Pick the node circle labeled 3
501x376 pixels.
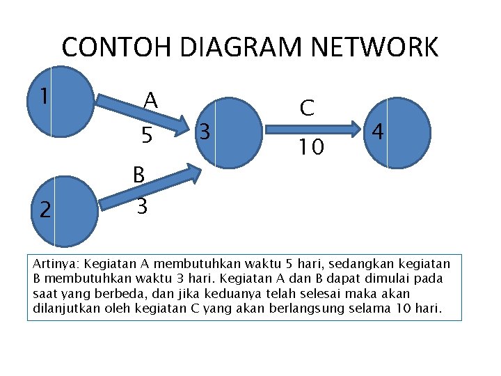(x=227, y=132)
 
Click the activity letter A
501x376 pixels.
(x=150, y=100)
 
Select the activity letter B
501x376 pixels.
(x=138, y=175)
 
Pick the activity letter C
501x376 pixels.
(x=308, y=108)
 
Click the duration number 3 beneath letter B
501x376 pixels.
(x=141, y=207)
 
